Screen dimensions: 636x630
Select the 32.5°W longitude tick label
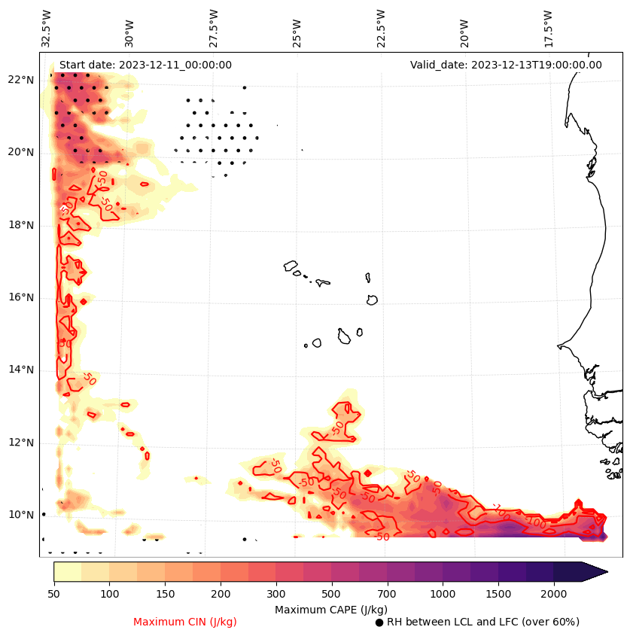click(47, 28)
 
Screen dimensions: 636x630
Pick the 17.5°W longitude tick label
click(548, 28)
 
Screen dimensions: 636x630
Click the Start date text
click(145, 65)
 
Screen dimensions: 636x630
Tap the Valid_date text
click(506, 65)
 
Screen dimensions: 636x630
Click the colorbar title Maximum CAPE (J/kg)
click(330, 609)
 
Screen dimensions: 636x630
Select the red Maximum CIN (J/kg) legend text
click(185, 622)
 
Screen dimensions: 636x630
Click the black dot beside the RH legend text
click(379, 622)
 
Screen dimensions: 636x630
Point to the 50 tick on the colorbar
click(53, 594)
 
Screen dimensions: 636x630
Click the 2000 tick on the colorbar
click(554, 594)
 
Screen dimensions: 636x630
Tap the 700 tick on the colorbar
click(387, 594)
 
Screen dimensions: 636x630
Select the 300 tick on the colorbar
click(276, 594)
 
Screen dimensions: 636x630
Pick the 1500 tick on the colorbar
click(498, 594)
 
